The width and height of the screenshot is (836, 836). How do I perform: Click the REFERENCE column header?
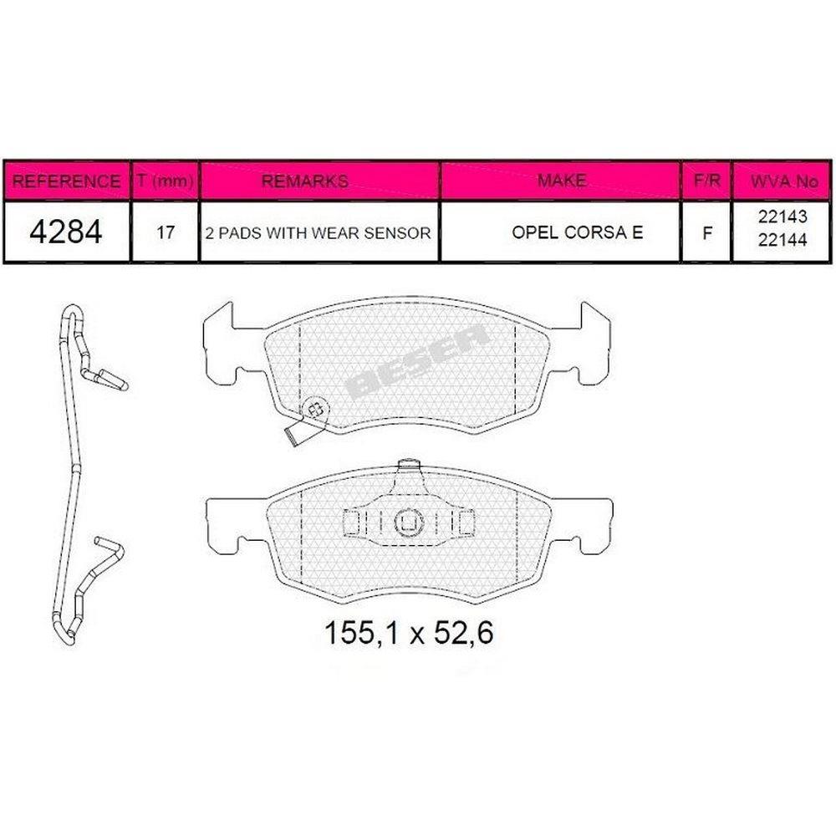tap(66, 181)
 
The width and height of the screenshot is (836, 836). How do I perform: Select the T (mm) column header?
tap(165, 181)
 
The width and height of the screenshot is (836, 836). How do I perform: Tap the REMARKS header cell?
tap(305, 181)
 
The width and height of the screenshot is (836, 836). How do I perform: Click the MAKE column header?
tap(562, 181)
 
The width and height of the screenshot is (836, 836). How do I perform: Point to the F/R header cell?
tap(707, 181)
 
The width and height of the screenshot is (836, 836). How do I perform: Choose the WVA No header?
tap(784, 181)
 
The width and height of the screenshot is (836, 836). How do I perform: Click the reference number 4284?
tap(65, 232)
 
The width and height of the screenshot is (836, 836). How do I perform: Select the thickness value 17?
tap(166, 232)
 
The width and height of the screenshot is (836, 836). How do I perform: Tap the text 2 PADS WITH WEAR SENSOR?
tap(319, 233)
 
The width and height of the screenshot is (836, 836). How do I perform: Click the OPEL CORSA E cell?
tap(578, 232)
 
